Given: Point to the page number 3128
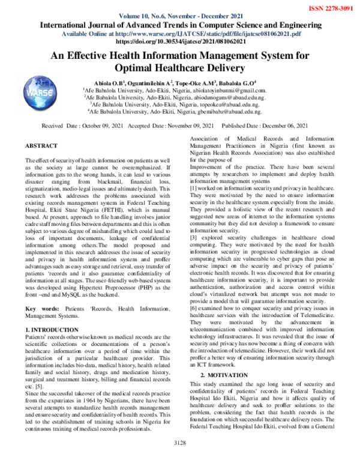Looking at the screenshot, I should coord(180,459).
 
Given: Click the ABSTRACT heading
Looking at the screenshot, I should coord(41,146).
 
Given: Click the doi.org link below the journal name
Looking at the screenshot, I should coord(179,43).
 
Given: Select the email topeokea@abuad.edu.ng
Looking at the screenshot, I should coord(227,104).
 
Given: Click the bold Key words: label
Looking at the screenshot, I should coord(39,308).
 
